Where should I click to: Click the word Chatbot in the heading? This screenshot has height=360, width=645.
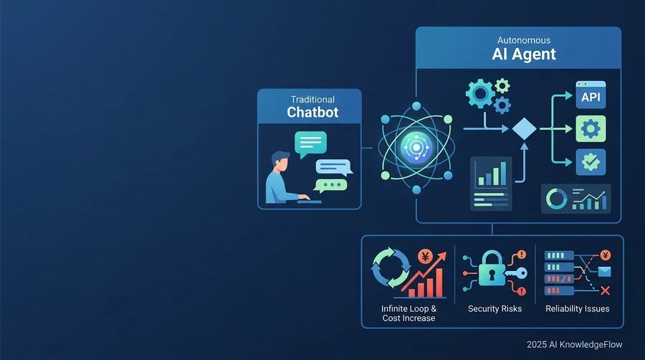[312, 112]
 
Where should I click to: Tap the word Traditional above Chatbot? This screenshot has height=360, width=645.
[312, 99]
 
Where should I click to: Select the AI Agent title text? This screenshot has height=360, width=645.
[524, 54]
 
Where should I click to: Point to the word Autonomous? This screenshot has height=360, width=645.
[524, 40]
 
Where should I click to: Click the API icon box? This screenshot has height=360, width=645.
[591, 95]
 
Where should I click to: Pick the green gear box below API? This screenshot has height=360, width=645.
[591, 129]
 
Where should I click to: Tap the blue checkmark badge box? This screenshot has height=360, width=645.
[591, 162]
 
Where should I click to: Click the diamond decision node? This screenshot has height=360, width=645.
[524, 129]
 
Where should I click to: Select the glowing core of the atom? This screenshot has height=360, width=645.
[416, 147]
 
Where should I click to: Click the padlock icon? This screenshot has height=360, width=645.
[492, 268]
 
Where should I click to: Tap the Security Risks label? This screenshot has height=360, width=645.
[494, 308]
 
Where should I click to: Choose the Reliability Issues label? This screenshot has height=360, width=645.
[578, 308]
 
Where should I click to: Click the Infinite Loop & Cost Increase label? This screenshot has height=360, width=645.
[408, 313]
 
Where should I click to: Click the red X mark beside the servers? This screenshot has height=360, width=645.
[605, 291]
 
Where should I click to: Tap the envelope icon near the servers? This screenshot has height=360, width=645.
[604, 272]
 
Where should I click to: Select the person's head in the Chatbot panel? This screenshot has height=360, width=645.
[280, 161]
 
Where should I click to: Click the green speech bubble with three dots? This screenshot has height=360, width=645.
[330, 186]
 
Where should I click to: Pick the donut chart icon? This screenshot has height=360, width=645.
[556, 199]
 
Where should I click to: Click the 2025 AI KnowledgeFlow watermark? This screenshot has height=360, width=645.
[574, 344]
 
